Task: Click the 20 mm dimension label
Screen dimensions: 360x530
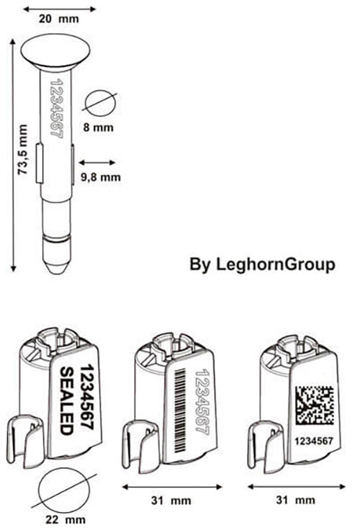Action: point(58,19)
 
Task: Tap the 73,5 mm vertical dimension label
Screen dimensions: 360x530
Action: point(22,150)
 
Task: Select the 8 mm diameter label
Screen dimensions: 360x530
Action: point(99,127)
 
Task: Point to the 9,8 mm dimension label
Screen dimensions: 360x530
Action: point(100,176)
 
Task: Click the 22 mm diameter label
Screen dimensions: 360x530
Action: point(66,519)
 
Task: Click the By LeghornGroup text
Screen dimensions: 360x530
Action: point(262,264)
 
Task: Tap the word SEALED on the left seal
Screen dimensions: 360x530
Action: point(66,401)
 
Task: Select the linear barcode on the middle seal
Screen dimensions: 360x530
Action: point(181,410)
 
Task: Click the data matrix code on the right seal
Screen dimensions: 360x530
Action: point(315,405)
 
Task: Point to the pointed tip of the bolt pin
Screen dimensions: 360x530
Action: point(56,272)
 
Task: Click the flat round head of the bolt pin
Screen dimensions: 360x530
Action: point(55,53)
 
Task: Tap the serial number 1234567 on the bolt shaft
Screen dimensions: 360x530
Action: point(56,108)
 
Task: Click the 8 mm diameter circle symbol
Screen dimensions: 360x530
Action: point(101,102)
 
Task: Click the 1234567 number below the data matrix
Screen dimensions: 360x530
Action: point(314,441)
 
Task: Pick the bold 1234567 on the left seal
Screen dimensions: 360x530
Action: point(86,397)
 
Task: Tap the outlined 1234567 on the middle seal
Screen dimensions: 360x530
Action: point(202,403)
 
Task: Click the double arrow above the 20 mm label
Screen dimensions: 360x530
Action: point(59,9)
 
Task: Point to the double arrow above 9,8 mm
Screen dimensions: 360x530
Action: point(97,163)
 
